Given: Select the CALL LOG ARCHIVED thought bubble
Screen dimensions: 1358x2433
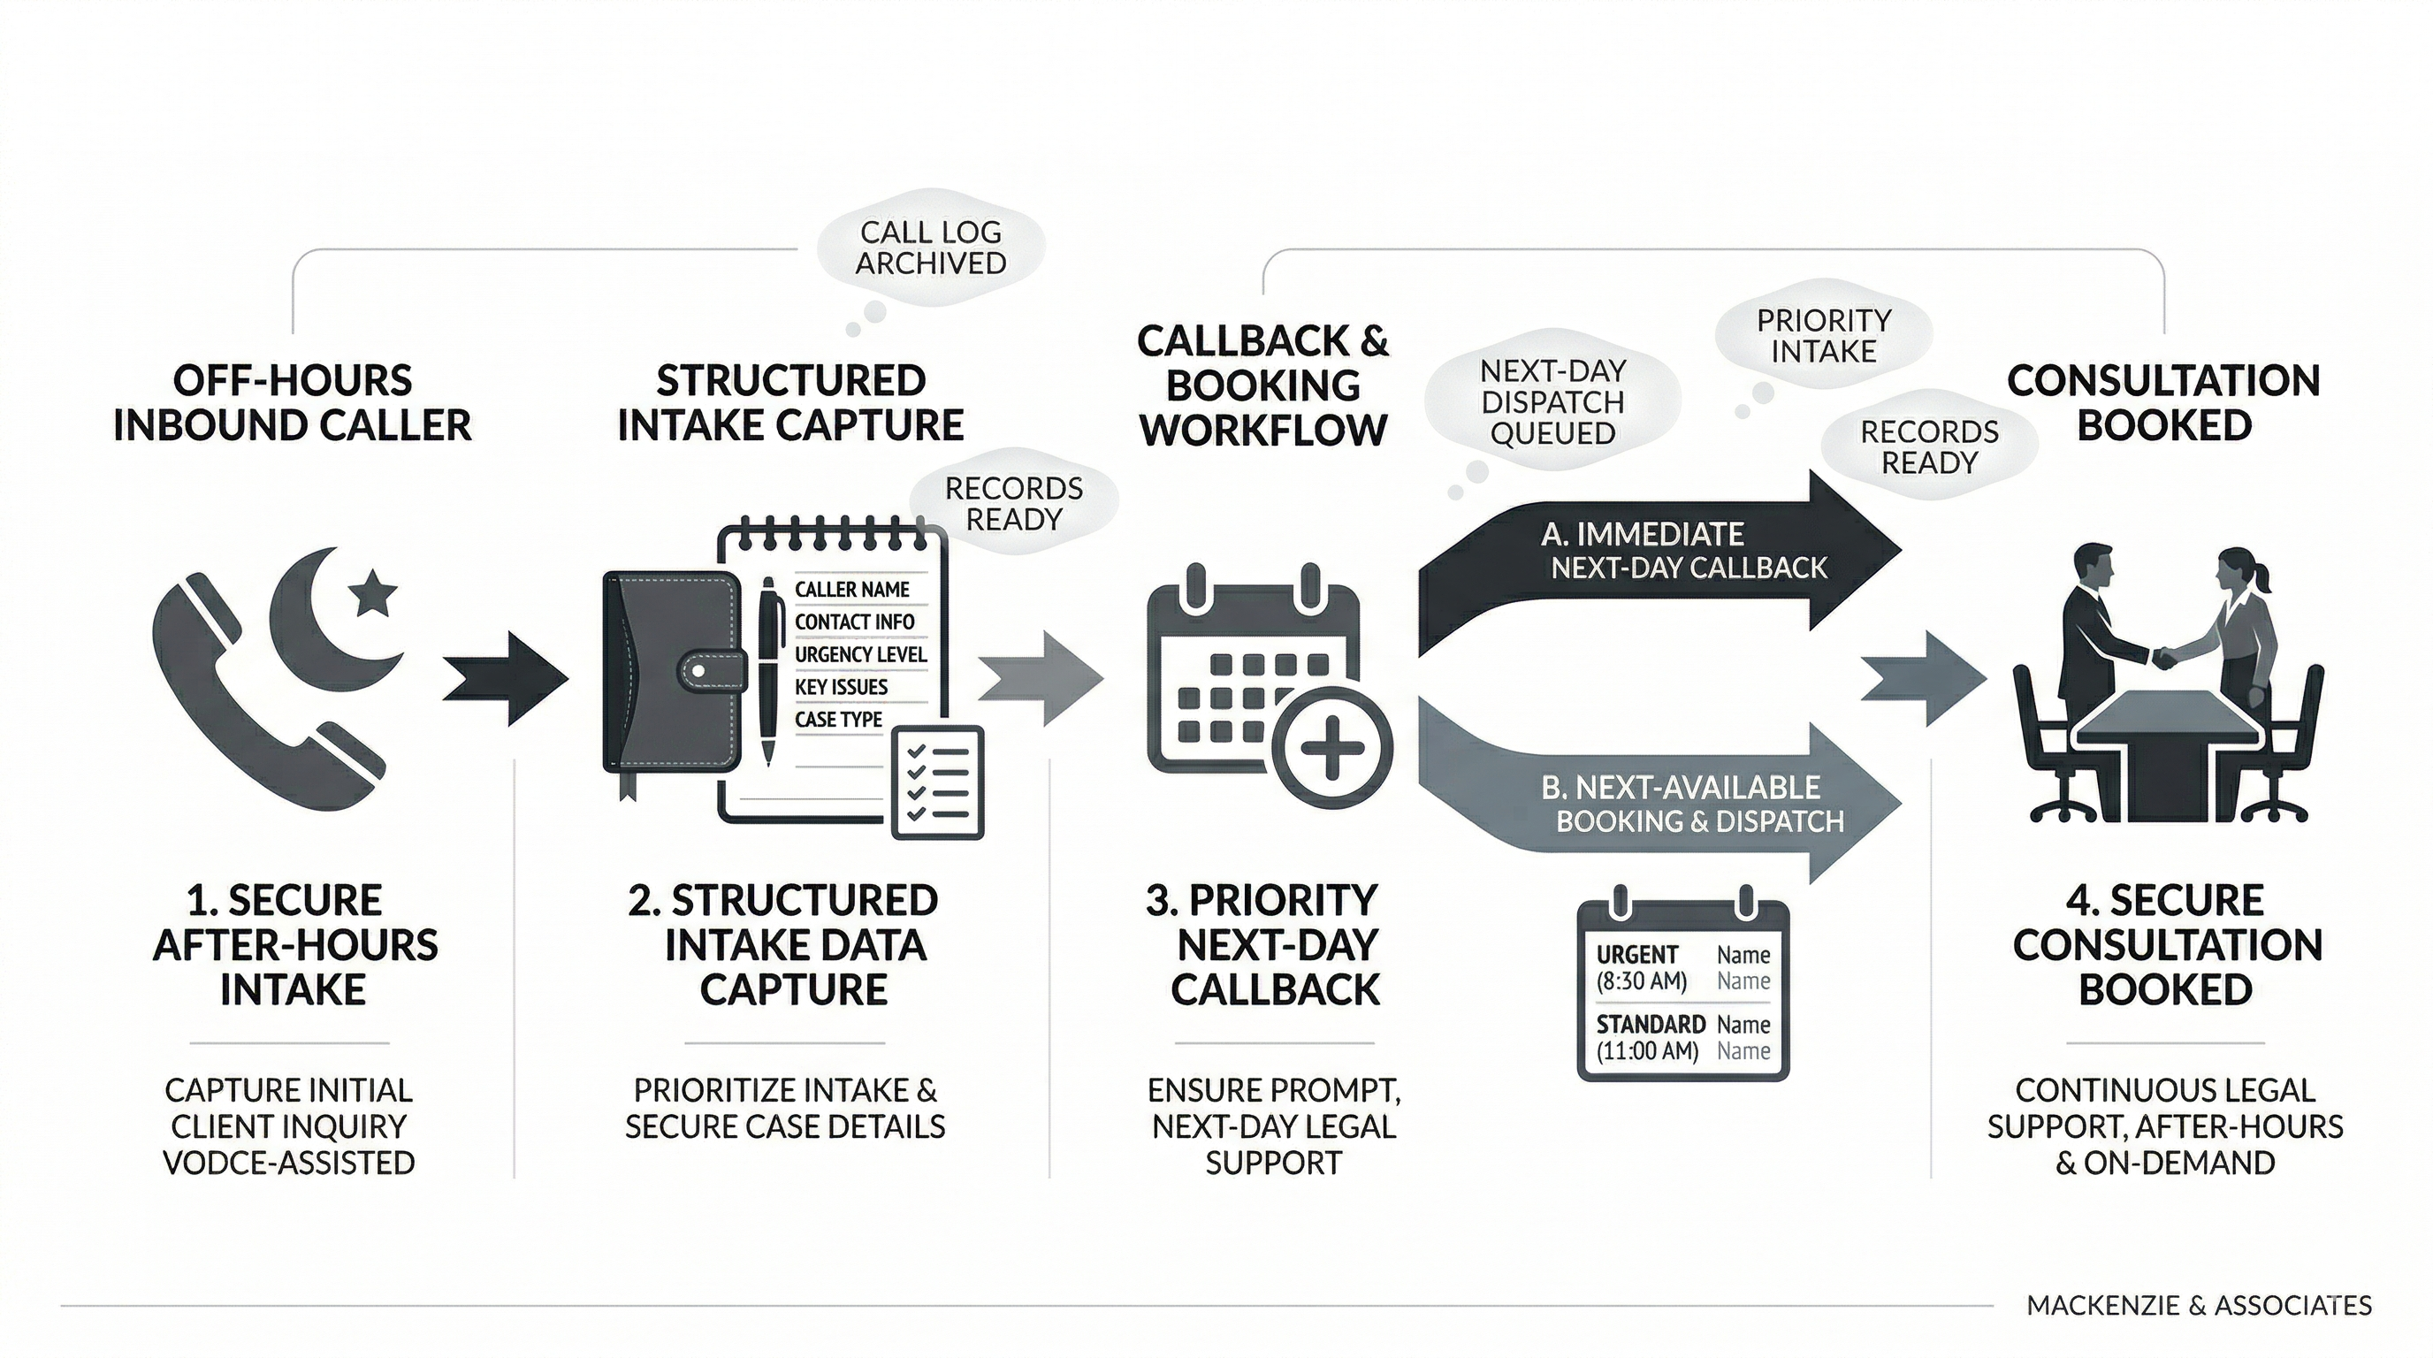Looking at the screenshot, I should (930, 248).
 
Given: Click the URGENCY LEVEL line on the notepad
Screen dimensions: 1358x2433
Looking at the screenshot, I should (859, 654).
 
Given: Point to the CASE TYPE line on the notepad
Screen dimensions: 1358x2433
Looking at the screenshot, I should (838, 720).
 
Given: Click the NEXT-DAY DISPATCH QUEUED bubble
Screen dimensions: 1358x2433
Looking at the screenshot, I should (1552, 402).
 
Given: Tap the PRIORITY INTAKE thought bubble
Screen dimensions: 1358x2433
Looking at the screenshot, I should (1823, 336).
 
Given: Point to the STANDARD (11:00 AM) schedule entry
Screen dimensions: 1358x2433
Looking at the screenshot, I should (1649, 1037).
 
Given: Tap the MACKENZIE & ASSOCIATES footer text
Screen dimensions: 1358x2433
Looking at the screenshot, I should (2199, 1306).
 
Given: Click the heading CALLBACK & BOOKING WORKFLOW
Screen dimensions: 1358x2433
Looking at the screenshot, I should (1262, 385).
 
